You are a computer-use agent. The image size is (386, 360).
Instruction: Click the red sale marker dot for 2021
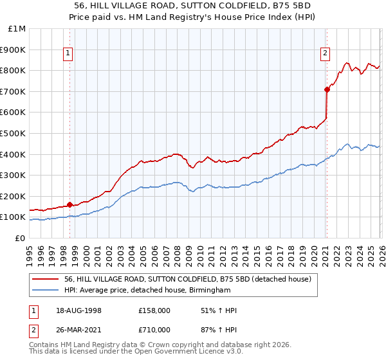[327, 89]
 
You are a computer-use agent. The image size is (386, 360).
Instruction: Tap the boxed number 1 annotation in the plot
[68, 53]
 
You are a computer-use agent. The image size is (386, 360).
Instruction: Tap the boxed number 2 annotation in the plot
[326, 53]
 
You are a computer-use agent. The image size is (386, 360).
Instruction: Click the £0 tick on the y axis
[21, 238]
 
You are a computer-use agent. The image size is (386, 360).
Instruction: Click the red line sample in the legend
[46, 279]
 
